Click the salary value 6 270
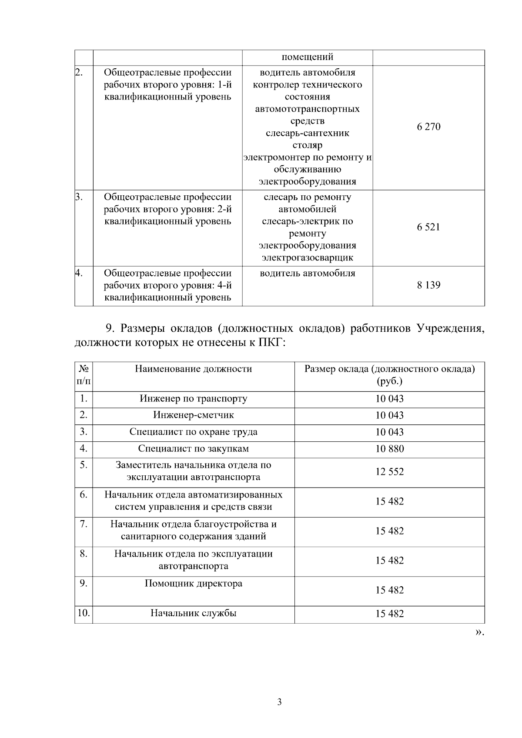[428, 127]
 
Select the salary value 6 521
[428, 227]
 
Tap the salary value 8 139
[428, 285]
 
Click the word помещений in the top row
[307, 57]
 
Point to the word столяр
[307, 145]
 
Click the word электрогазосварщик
[307, 258]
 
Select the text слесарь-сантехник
[307, 133]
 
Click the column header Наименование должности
[193, 369]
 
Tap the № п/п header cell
[84, 375]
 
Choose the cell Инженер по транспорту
[193, 399]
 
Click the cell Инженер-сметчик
[193, 415]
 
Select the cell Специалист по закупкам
[193, 449]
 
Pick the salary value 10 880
[389, 449]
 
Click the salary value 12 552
[389, 472]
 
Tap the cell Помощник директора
[193, 584]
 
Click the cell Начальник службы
[193, 614]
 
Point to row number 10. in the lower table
[83, 614]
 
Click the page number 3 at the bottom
[279, 702]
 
